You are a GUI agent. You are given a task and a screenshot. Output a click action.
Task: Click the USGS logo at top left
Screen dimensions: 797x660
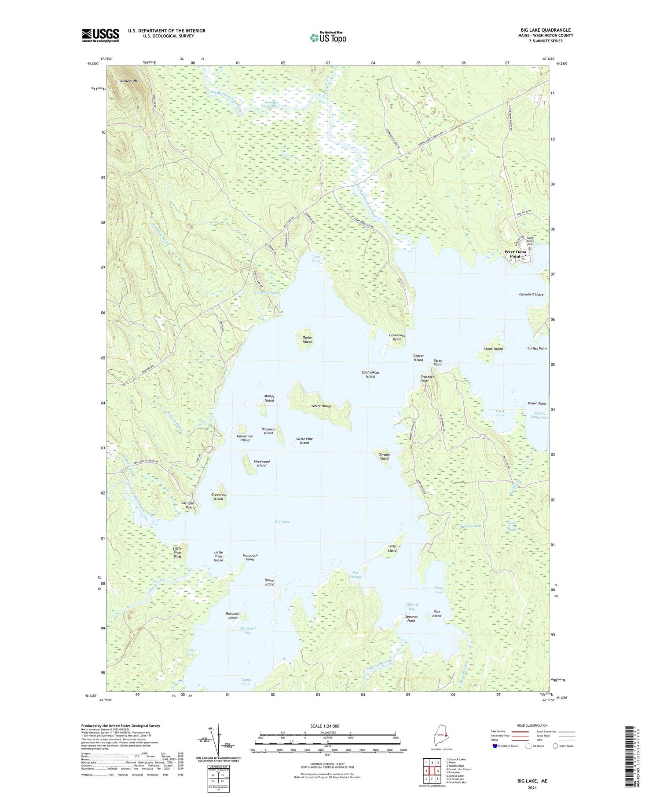point(100,35)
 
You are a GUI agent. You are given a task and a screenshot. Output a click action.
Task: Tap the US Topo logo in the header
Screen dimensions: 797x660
point(328,38)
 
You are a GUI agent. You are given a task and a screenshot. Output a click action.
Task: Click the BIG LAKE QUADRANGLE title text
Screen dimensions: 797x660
point(545,30)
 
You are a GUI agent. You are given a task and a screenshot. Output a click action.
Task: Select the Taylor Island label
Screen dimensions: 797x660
point(307,340)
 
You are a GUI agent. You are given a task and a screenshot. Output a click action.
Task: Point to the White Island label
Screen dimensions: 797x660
point(321,406)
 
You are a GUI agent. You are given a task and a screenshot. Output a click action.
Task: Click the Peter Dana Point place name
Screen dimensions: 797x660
point(514,254)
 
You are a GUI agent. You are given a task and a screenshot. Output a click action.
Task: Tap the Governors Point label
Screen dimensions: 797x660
point(396,337)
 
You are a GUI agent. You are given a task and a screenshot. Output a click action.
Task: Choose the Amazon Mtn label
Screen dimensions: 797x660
point(130,81)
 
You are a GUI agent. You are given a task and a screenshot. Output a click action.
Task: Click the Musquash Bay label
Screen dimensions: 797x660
point(248,630)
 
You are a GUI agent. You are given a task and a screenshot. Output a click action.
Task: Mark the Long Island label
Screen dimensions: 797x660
point(392,548)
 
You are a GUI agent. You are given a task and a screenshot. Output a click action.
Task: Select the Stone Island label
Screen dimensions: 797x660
point(493,349)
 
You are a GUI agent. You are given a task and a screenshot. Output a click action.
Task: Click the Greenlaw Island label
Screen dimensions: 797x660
point(219,497)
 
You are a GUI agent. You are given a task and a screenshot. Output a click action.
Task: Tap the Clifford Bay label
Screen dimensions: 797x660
point(411,607)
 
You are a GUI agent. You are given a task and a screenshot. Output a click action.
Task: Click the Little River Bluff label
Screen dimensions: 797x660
point(177,553)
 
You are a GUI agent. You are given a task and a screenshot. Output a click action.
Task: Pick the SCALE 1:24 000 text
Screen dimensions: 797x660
point(328,726)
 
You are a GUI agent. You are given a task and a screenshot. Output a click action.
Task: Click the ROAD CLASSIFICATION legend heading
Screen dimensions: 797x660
point(532,725)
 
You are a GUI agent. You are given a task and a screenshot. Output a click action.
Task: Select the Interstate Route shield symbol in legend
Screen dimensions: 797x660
point(495,746)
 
